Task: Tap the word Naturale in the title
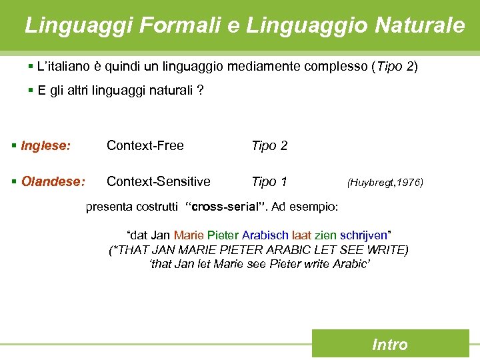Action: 420,25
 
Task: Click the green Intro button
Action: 390,345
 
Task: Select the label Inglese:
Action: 45,145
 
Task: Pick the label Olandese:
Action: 53,181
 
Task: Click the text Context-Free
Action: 145,145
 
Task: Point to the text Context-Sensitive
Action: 159,181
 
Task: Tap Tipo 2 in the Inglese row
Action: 269,145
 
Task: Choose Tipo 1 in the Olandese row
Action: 269,181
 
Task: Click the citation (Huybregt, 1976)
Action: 385,182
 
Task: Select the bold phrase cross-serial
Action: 224,207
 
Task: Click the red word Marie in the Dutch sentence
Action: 189,236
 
